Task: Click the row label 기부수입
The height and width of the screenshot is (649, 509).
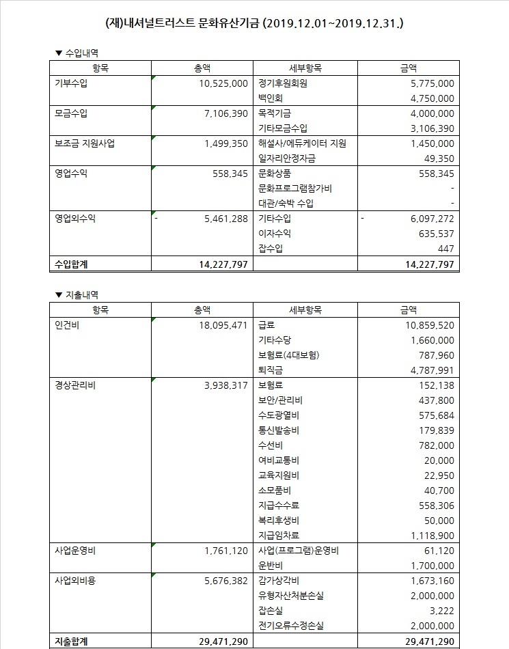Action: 71,83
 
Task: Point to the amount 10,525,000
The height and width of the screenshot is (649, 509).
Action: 221,83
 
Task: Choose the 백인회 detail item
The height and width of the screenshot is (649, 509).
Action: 271,98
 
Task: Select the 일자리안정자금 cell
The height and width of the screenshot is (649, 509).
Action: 287,158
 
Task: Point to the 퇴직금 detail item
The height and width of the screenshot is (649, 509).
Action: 271,370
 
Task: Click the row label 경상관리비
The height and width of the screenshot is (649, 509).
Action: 76,385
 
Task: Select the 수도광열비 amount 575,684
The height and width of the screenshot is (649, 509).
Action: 432,415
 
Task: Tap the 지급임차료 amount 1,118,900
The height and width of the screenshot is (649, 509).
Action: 429,536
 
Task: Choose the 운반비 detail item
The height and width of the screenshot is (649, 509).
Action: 271,566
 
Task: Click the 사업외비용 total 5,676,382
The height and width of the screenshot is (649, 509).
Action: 222,581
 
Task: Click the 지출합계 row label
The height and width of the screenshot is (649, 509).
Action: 72,641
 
